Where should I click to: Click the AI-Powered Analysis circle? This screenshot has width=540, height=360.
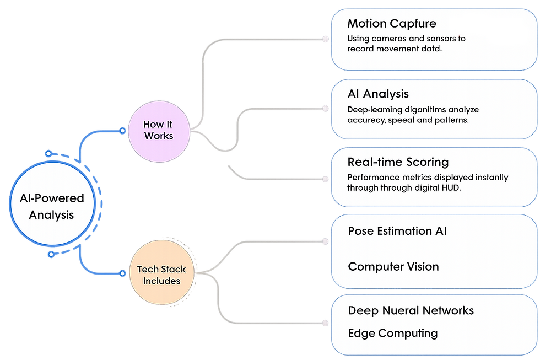point(48,206)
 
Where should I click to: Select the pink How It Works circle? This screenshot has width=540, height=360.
point(158,130)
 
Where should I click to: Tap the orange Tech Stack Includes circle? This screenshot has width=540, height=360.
point(161,275)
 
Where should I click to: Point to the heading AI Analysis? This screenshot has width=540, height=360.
point(378,94)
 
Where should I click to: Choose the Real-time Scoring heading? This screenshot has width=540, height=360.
point(398,163)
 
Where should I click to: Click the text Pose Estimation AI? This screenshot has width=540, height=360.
point(397,231)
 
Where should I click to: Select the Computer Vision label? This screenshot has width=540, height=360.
point(393,267)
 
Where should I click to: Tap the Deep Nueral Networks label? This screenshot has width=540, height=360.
point(411,310)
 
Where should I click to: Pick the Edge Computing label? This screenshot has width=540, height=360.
point(393,334)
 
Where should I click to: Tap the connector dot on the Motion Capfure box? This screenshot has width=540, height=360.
point(326,39)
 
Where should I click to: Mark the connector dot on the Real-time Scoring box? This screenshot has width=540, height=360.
point(326,178)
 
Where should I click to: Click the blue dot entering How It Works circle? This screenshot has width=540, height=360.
point(122,131)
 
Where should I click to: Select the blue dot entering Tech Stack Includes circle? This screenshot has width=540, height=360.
point(122,271)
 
